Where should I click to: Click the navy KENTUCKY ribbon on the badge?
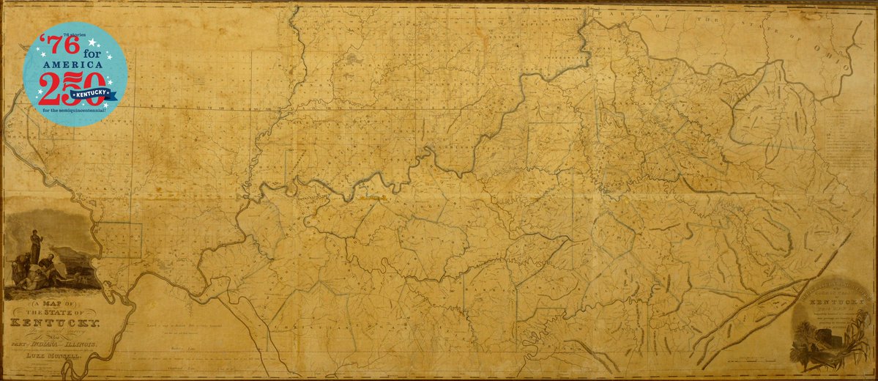(95, 93)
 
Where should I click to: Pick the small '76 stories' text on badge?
(75, 35)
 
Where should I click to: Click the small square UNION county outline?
(121, 240)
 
